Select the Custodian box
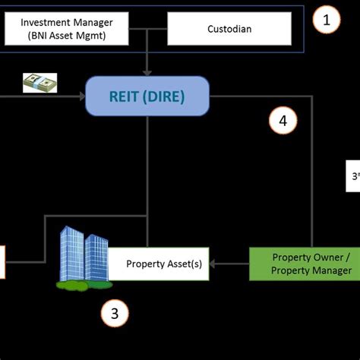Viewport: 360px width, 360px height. [229, 28]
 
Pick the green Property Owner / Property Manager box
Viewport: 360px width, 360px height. [311, 264]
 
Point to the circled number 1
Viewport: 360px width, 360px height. [327, 21]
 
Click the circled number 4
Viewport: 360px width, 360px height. [283, 119]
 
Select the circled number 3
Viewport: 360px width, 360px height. [115, 313]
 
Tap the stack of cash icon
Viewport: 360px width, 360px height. [39, 82]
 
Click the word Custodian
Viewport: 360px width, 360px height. [229, 28]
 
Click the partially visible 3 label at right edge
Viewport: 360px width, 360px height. [355, 176]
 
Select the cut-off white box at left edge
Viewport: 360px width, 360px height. [2, 262]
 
